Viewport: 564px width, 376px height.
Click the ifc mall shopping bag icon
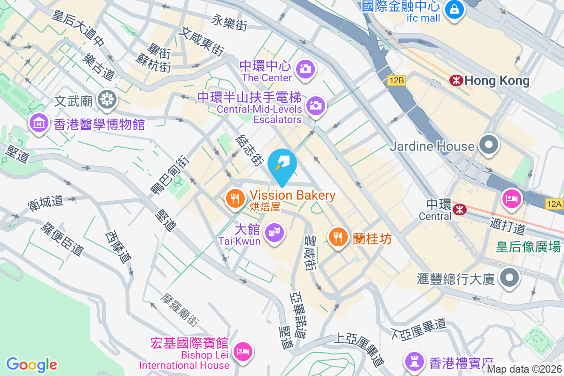454,8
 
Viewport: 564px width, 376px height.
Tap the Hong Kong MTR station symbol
455,80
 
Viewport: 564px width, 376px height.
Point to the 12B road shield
397,80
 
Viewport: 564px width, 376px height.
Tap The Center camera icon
305,69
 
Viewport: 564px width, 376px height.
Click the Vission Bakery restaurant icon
235,198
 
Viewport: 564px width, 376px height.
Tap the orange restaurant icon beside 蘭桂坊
338,236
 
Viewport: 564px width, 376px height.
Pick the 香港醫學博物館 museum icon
39,123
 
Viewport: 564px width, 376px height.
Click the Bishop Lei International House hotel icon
243,351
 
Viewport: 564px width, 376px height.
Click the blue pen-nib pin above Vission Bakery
282,163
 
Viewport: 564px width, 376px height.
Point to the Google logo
31,364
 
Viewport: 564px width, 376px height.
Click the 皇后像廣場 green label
528,246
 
